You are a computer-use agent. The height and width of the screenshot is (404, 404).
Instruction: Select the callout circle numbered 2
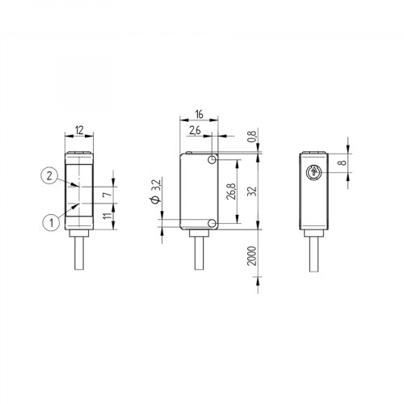tap(50, 175)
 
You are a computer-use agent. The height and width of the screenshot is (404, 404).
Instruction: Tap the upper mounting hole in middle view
tap(211, 162)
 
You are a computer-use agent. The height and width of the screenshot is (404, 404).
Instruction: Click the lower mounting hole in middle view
tap(211, 223)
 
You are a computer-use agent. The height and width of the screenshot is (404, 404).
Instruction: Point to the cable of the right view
tap(314, 259)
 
